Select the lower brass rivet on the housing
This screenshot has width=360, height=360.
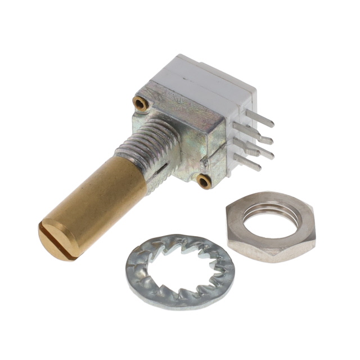click(204, 181)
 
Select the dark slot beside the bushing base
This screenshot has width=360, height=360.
click(163, 166)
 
